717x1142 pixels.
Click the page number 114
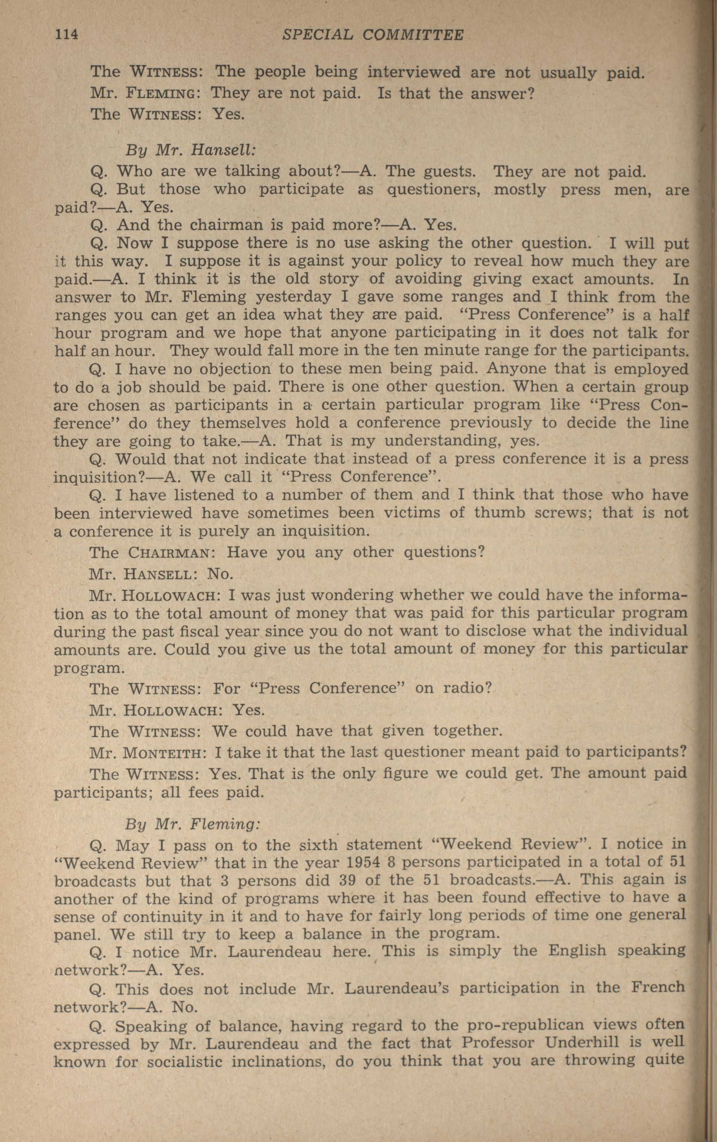point(66,35)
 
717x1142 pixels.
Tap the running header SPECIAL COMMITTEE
point(372,35)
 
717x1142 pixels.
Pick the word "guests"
point(453,171)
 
